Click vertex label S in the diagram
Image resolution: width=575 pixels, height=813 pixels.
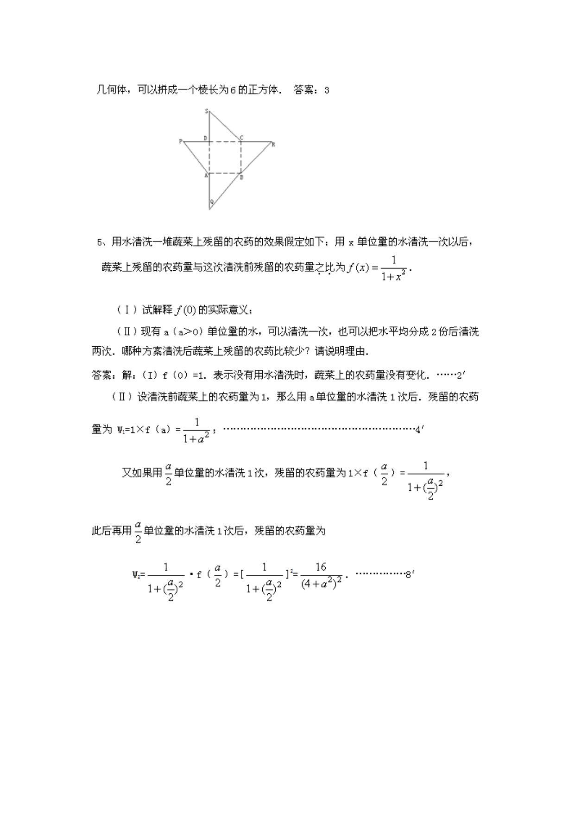207,111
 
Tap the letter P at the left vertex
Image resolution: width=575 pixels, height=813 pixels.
180,141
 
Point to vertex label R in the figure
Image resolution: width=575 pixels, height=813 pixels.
273,144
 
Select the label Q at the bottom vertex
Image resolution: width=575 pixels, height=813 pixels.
212,202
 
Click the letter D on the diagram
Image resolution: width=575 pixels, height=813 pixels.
205,138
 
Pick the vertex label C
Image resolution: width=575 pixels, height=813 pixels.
241,138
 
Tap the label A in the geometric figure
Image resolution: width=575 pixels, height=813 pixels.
206,176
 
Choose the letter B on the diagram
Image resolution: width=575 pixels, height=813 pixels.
242,177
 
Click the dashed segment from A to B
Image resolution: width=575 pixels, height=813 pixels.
225,173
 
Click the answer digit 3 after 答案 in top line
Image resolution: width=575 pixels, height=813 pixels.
327,90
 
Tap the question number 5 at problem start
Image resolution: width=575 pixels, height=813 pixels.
99,242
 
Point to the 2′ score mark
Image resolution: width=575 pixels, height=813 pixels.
460,375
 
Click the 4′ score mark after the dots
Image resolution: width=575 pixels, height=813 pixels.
419,430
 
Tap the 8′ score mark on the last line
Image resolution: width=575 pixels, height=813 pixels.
409,575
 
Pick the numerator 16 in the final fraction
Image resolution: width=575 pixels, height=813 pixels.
321,567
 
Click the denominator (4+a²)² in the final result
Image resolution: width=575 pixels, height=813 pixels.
321,584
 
